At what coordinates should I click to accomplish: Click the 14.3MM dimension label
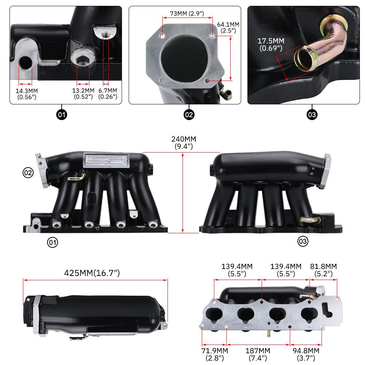27,94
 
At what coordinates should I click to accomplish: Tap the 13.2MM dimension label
83,93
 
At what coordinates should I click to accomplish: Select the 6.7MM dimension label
108,93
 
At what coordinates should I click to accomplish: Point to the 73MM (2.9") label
187,14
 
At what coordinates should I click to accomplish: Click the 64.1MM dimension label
228,27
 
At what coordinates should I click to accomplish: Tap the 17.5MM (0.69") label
271,44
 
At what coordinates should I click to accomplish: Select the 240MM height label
184,142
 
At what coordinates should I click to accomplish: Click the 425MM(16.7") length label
92,273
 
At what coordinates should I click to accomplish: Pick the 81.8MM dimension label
323,270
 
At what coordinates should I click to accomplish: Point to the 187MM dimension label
258,354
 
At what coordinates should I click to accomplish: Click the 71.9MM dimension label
215,354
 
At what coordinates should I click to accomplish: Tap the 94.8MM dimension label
306,354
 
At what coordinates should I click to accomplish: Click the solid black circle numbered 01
62,115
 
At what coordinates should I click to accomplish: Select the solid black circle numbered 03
312,115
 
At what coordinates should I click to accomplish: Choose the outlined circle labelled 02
28,173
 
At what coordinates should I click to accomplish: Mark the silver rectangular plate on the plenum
106,160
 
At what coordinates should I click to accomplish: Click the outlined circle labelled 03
303,241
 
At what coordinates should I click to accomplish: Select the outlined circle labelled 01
52,242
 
